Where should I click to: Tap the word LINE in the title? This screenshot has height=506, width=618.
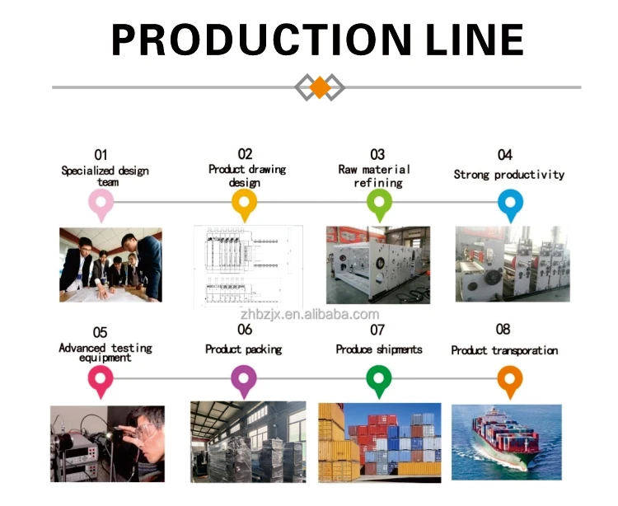pyautogui.click(x=466, y=40)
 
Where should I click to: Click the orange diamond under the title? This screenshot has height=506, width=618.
pyautogui.click(x=319, y=87)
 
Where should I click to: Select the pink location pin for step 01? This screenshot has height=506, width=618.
pyautogui.click(x=101, y=202)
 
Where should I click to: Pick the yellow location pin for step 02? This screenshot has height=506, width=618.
pyautogui.click(x=244, y=202)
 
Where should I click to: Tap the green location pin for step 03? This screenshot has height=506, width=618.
pyautogui.click(x=379, y=202)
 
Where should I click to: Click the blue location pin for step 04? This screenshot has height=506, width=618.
pyautogui.click(x=511, y=202)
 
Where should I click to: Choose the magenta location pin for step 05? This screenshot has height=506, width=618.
pyautogui.click(x=101, y=380)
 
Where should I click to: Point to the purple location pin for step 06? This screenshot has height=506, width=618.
pyautogui.click(x=243, y=380)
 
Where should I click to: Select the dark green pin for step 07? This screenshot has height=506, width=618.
pyautogui.click(x=378, y=380)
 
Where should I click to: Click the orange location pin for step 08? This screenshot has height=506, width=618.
pyautogui.click(x=510, y=380)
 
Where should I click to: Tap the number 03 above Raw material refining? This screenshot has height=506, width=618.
pyautogui.click(x=377, y=154)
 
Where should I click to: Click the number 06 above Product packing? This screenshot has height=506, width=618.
pyautogui.click(x=245, y=330)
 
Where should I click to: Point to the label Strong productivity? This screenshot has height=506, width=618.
pyautogui.click(x=508, y=175)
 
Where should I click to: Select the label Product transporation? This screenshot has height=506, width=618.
pyautogui.click(x=504, y=350)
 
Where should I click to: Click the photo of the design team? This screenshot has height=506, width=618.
pyautogui.click(x=110, y=265)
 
